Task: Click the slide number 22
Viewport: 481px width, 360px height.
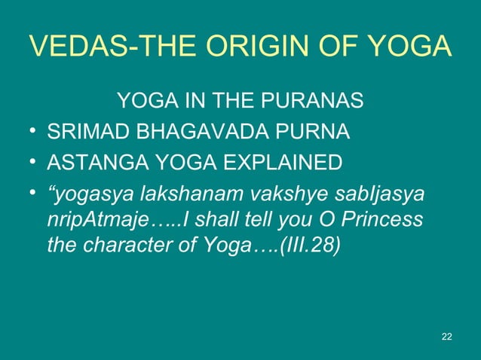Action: [x=446, y=336]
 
